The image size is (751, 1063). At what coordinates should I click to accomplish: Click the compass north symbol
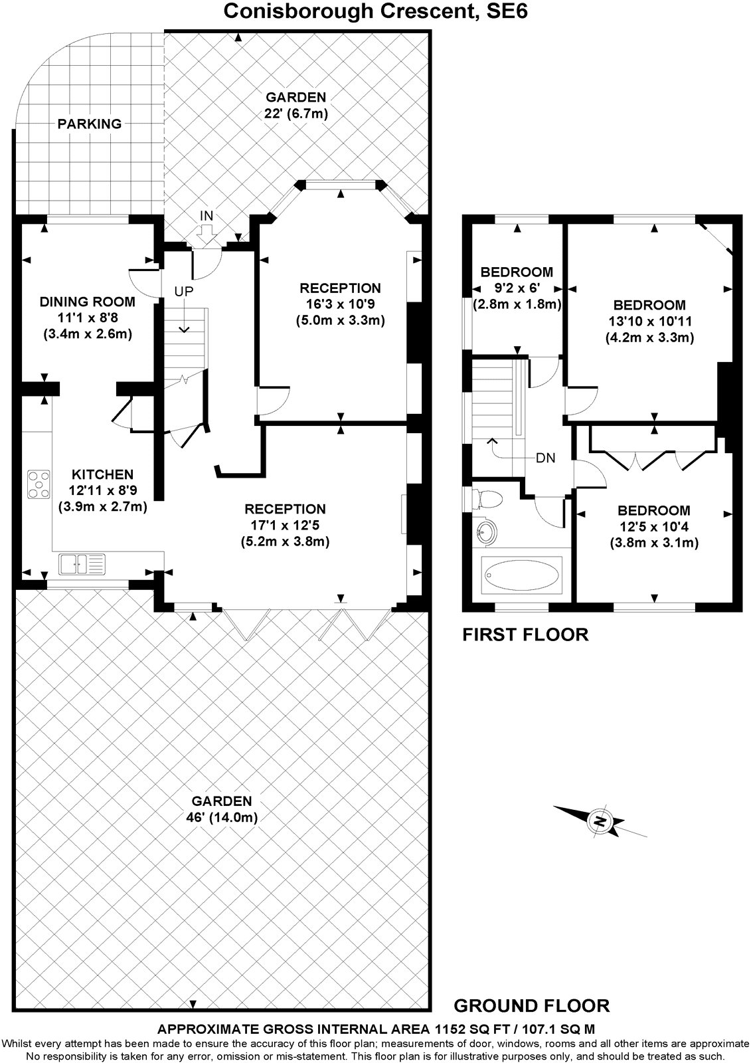600,821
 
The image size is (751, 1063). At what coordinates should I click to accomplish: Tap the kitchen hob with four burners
39,484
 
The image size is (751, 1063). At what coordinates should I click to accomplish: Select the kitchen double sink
82,563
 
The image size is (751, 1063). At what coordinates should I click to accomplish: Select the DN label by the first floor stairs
546,458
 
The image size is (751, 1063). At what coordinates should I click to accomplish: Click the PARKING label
89,124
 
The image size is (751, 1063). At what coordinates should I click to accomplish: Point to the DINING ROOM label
87,302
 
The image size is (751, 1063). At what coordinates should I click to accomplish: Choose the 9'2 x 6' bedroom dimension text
517,288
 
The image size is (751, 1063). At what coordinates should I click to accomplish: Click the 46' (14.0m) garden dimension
219,817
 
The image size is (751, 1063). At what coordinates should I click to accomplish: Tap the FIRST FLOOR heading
525,634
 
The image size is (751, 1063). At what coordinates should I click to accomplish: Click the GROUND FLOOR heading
531,1005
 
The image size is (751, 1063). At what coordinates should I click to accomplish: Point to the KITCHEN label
102,474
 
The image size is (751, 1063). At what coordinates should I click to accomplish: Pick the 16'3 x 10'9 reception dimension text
340,304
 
